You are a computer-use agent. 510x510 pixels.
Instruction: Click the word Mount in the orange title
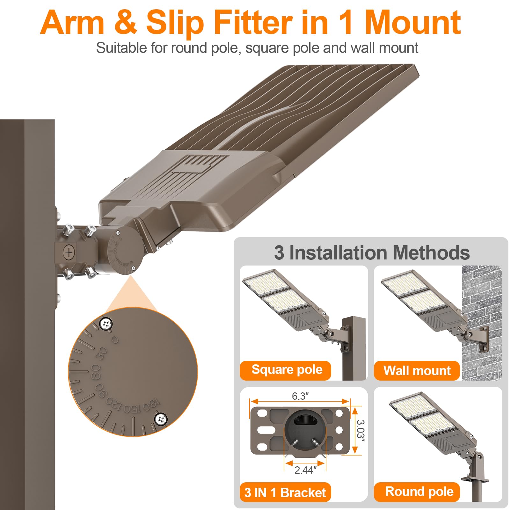[x=413, y=22]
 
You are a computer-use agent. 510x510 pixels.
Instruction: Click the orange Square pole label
[x=286, y=370]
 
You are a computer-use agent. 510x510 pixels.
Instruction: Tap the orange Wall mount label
[x=417, y=370]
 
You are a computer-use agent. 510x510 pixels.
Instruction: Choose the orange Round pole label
[x=417, y=492]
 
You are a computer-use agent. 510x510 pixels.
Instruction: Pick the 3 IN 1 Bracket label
[x=285, y=492]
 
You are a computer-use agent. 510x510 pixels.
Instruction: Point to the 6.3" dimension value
[x=300, y=396]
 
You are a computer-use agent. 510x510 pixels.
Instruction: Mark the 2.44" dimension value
[x=305, y=470]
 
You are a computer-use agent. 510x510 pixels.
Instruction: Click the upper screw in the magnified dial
[x=106, y=324]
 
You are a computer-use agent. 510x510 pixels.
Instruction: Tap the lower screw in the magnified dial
[x=161, y=419]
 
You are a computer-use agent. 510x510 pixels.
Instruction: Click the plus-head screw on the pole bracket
[x=69, y=252]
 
